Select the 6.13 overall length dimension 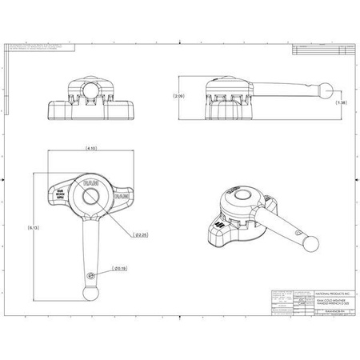point(31,228)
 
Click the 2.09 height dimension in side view point(179,96)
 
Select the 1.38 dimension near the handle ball point(342,103)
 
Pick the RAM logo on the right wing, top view point(122,195)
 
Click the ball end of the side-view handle point(324,90)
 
